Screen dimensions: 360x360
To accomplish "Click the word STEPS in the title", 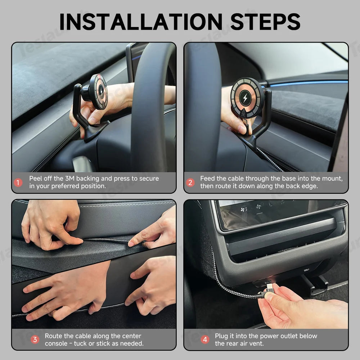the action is pos(265,22).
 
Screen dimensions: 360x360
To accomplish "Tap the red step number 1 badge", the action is pos(18,183).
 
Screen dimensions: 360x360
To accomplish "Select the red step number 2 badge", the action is pos(190,183).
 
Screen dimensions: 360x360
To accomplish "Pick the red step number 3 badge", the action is pos(35,339).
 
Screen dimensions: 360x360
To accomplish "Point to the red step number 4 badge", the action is pos(205,339).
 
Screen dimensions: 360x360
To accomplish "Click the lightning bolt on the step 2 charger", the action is pos(245,98).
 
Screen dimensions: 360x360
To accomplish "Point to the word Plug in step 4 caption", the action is pos(221,336).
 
